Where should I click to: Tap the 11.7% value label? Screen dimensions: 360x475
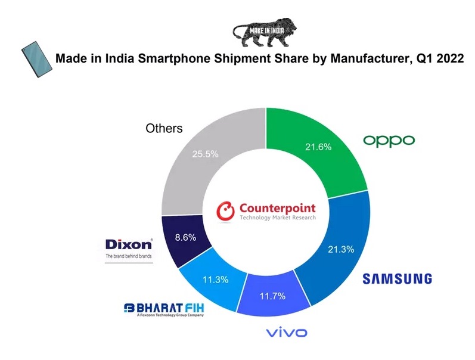coord(273,296)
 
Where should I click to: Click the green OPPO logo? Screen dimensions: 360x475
coord(389,141)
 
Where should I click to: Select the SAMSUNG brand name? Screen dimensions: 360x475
coord(398,278)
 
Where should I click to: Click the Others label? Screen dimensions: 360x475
coord(164,129)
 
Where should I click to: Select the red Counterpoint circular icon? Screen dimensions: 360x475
coord(226,211)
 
